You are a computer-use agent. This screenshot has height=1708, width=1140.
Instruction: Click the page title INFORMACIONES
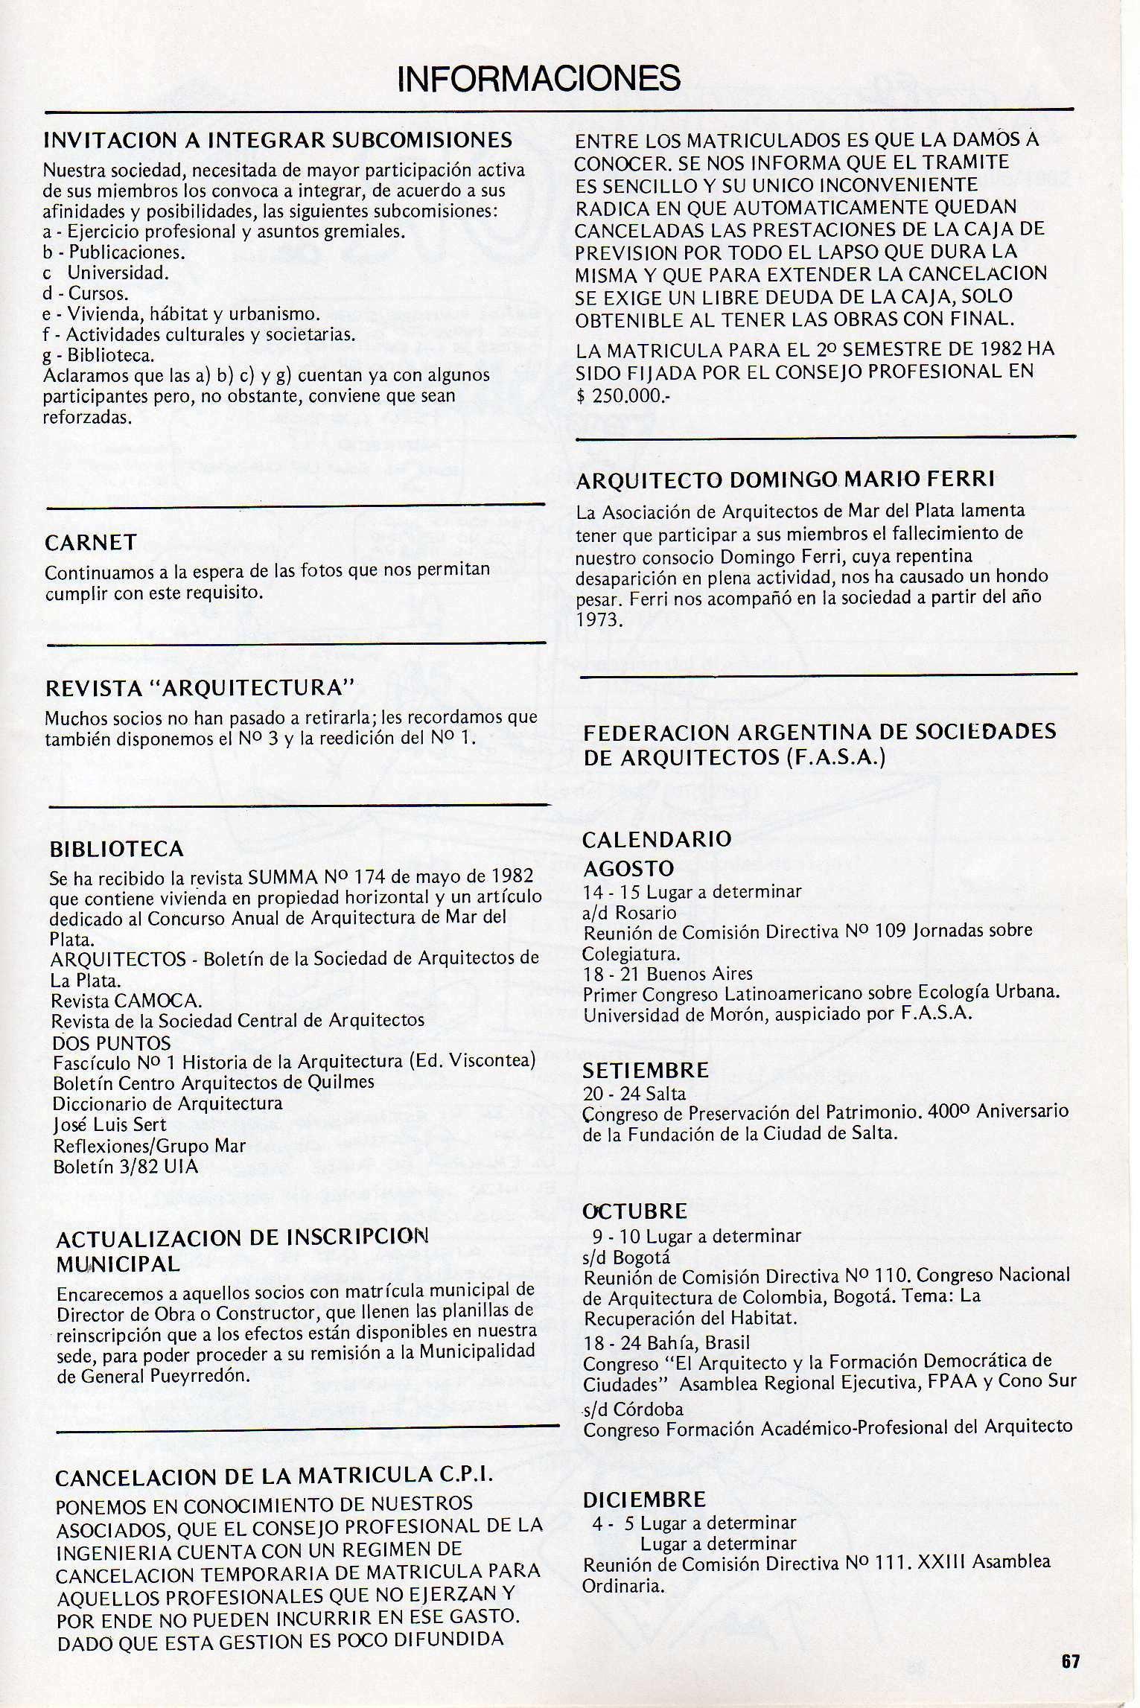[x=538, y=77]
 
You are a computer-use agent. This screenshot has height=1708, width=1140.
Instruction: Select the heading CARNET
[x=91, y=543]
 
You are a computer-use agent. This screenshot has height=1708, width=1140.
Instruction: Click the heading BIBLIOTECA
[x=117, y=850]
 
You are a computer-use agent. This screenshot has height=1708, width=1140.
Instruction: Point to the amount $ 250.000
[x=622, y=395]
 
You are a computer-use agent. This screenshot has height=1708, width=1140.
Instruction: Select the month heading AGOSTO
[x=628, y=869]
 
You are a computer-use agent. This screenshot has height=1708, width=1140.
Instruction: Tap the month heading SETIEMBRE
[x=645, y=1071]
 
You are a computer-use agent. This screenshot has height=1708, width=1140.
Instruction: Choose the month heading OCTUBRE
[x=634, y=1211]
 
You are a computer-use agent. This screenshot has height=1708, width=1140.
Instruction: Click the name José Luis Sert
[x=109, y=1124]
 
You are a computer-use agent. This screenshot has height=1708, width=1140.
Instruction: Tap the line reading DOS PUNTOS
[x=112, y=1042]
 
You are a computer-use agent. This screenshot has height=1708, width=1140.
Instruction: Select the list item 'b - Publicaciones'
[x=114, y=252]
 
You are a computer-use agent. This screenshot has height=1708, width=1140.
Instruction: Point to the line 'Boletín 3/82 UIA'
[x=126, y=1166]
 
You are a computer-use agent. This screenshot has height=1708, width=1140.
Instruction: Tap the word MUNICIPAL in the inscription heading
[x=118, y=1264]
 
